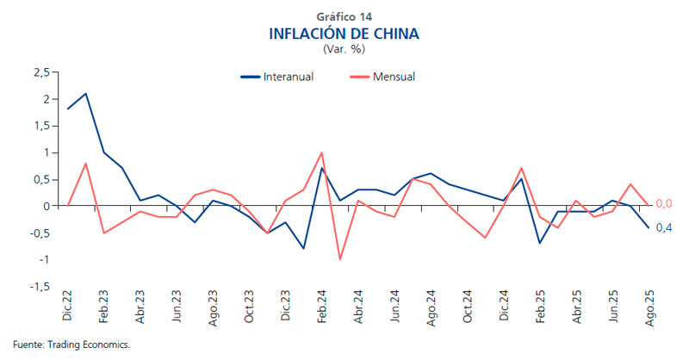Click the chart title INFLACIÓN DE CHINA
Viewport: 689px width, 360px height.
point(344,34)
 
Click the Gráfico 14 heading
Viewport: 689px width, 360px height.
point(344,16)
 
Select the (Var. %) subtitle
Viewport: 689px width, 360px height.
point(344,50)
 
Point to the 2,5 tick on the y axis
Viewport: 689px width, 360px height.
point(40,72)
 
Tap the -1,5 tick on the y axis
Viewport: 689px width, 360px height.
point(39,286)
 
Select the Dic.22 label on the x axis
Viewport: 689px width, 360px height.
point(68,307)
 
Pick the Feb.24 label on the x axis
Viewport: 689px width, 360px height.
point(322,307)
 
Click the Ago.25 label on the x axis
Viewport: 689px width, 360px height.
point(649,307)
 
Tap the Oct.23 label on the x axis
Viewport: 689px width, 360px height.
point(250,307)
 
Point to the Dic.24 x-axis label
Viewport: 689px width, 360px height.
point(503,307)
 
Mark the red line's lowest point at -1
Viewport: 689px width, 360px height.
point(340,259)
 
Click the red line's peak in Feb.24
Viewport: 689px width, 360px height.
point(322,152)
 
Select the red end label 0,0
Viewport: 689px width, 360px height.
point(664,204)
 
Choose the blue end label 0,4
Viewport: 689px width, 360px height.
point(664,227)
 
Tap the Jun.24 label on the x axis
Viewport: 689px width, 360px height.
point(394,307)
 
